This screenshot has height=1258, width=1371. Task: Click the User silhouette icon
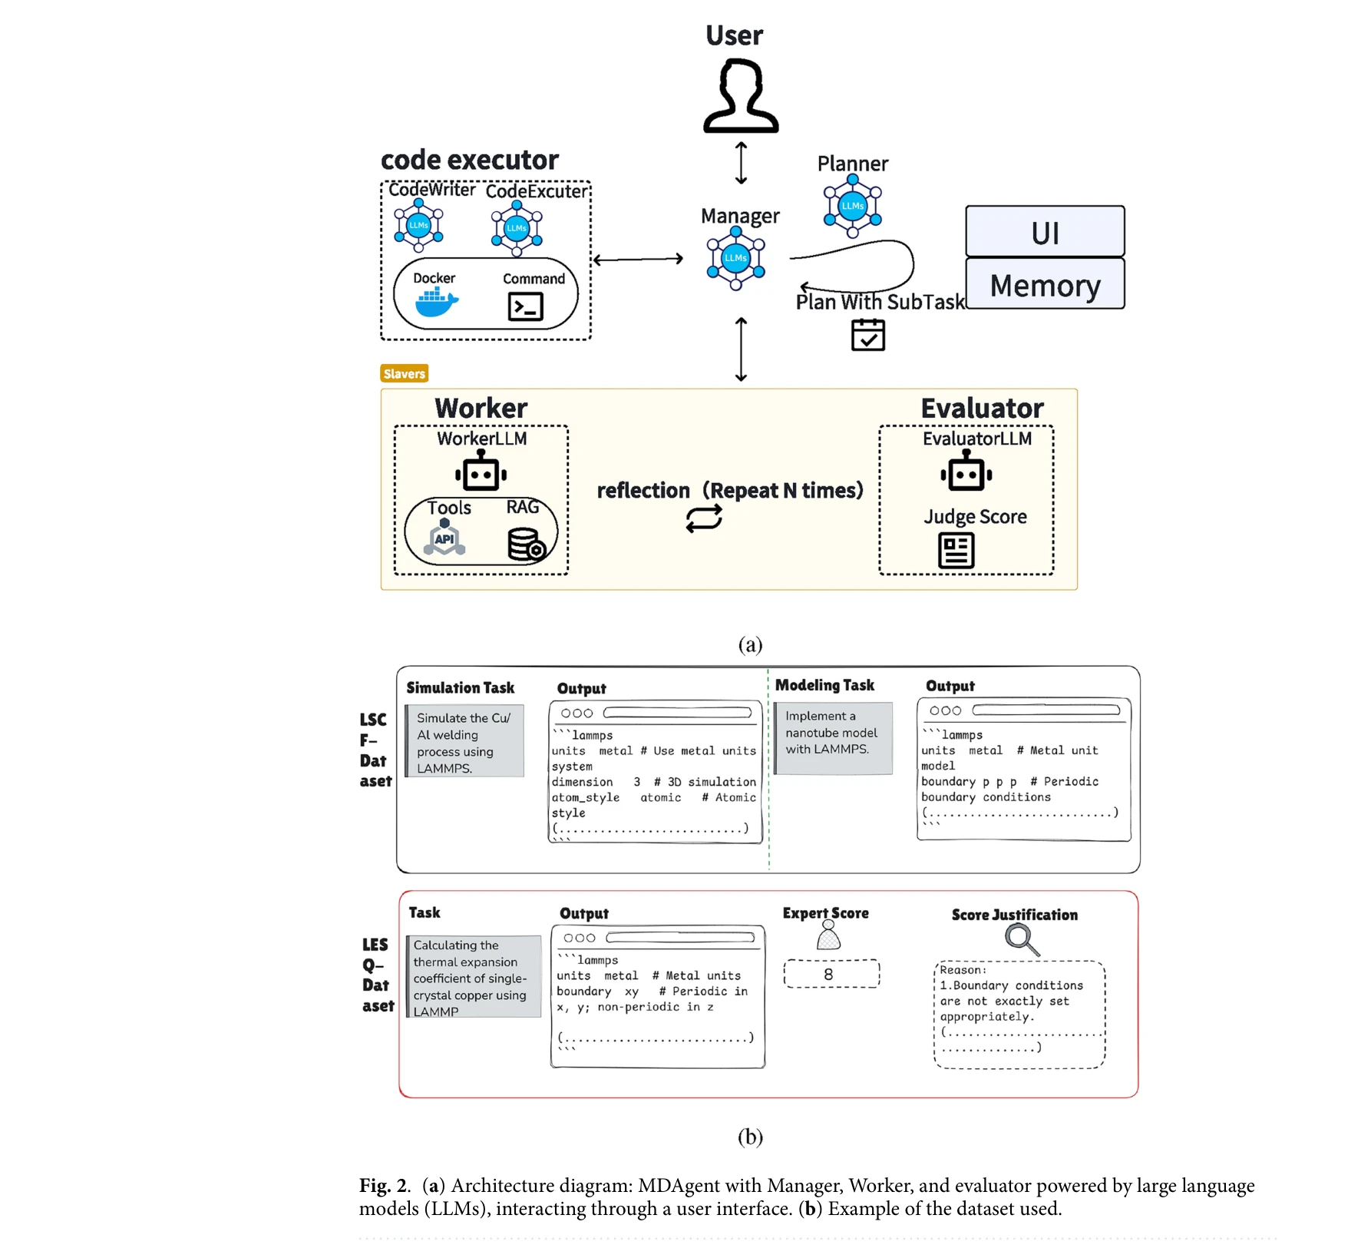point(741,98)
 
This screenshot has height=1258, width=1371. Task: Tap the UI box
point(1045,232)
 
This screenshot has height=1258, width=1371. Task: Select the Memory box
point(1045,285)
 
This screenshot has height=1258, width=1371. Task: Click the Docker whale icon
point(436,303)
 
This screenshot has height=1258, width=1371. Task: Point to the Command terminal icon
point(525,306)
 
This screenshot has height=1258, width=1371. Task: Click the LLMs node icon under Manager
point(735,258)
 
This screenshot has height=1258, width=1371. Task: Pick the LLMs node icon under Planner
point(852,205)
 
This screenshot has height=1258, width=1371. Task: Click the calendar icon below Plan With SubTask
point(867,335)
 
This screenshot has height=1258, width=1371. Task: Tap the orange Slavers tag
point(404,373)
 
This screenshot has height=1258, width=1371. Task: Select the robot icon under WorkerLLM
point(481,472)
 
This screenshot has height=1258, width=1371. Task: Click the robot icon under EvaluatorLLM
point(966,472)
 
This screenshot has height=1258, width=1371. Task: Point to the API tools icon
point(444,538)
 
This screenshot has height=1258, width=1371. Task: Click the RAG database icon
point(527,544)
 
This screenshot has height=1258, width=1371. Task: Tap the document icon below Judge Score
point(956,551)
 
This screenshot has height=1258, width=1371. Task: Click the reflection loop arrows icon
point(704,519)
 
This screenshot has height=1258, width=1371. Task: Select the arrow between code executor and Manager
point(638,260)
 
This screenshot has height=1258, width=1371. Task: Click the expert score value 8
point(829,974)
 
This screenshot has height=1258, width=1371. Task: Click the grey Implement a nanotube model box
point(834,738)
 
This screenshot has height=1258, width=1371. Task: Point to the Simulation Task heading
point(460,687)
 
